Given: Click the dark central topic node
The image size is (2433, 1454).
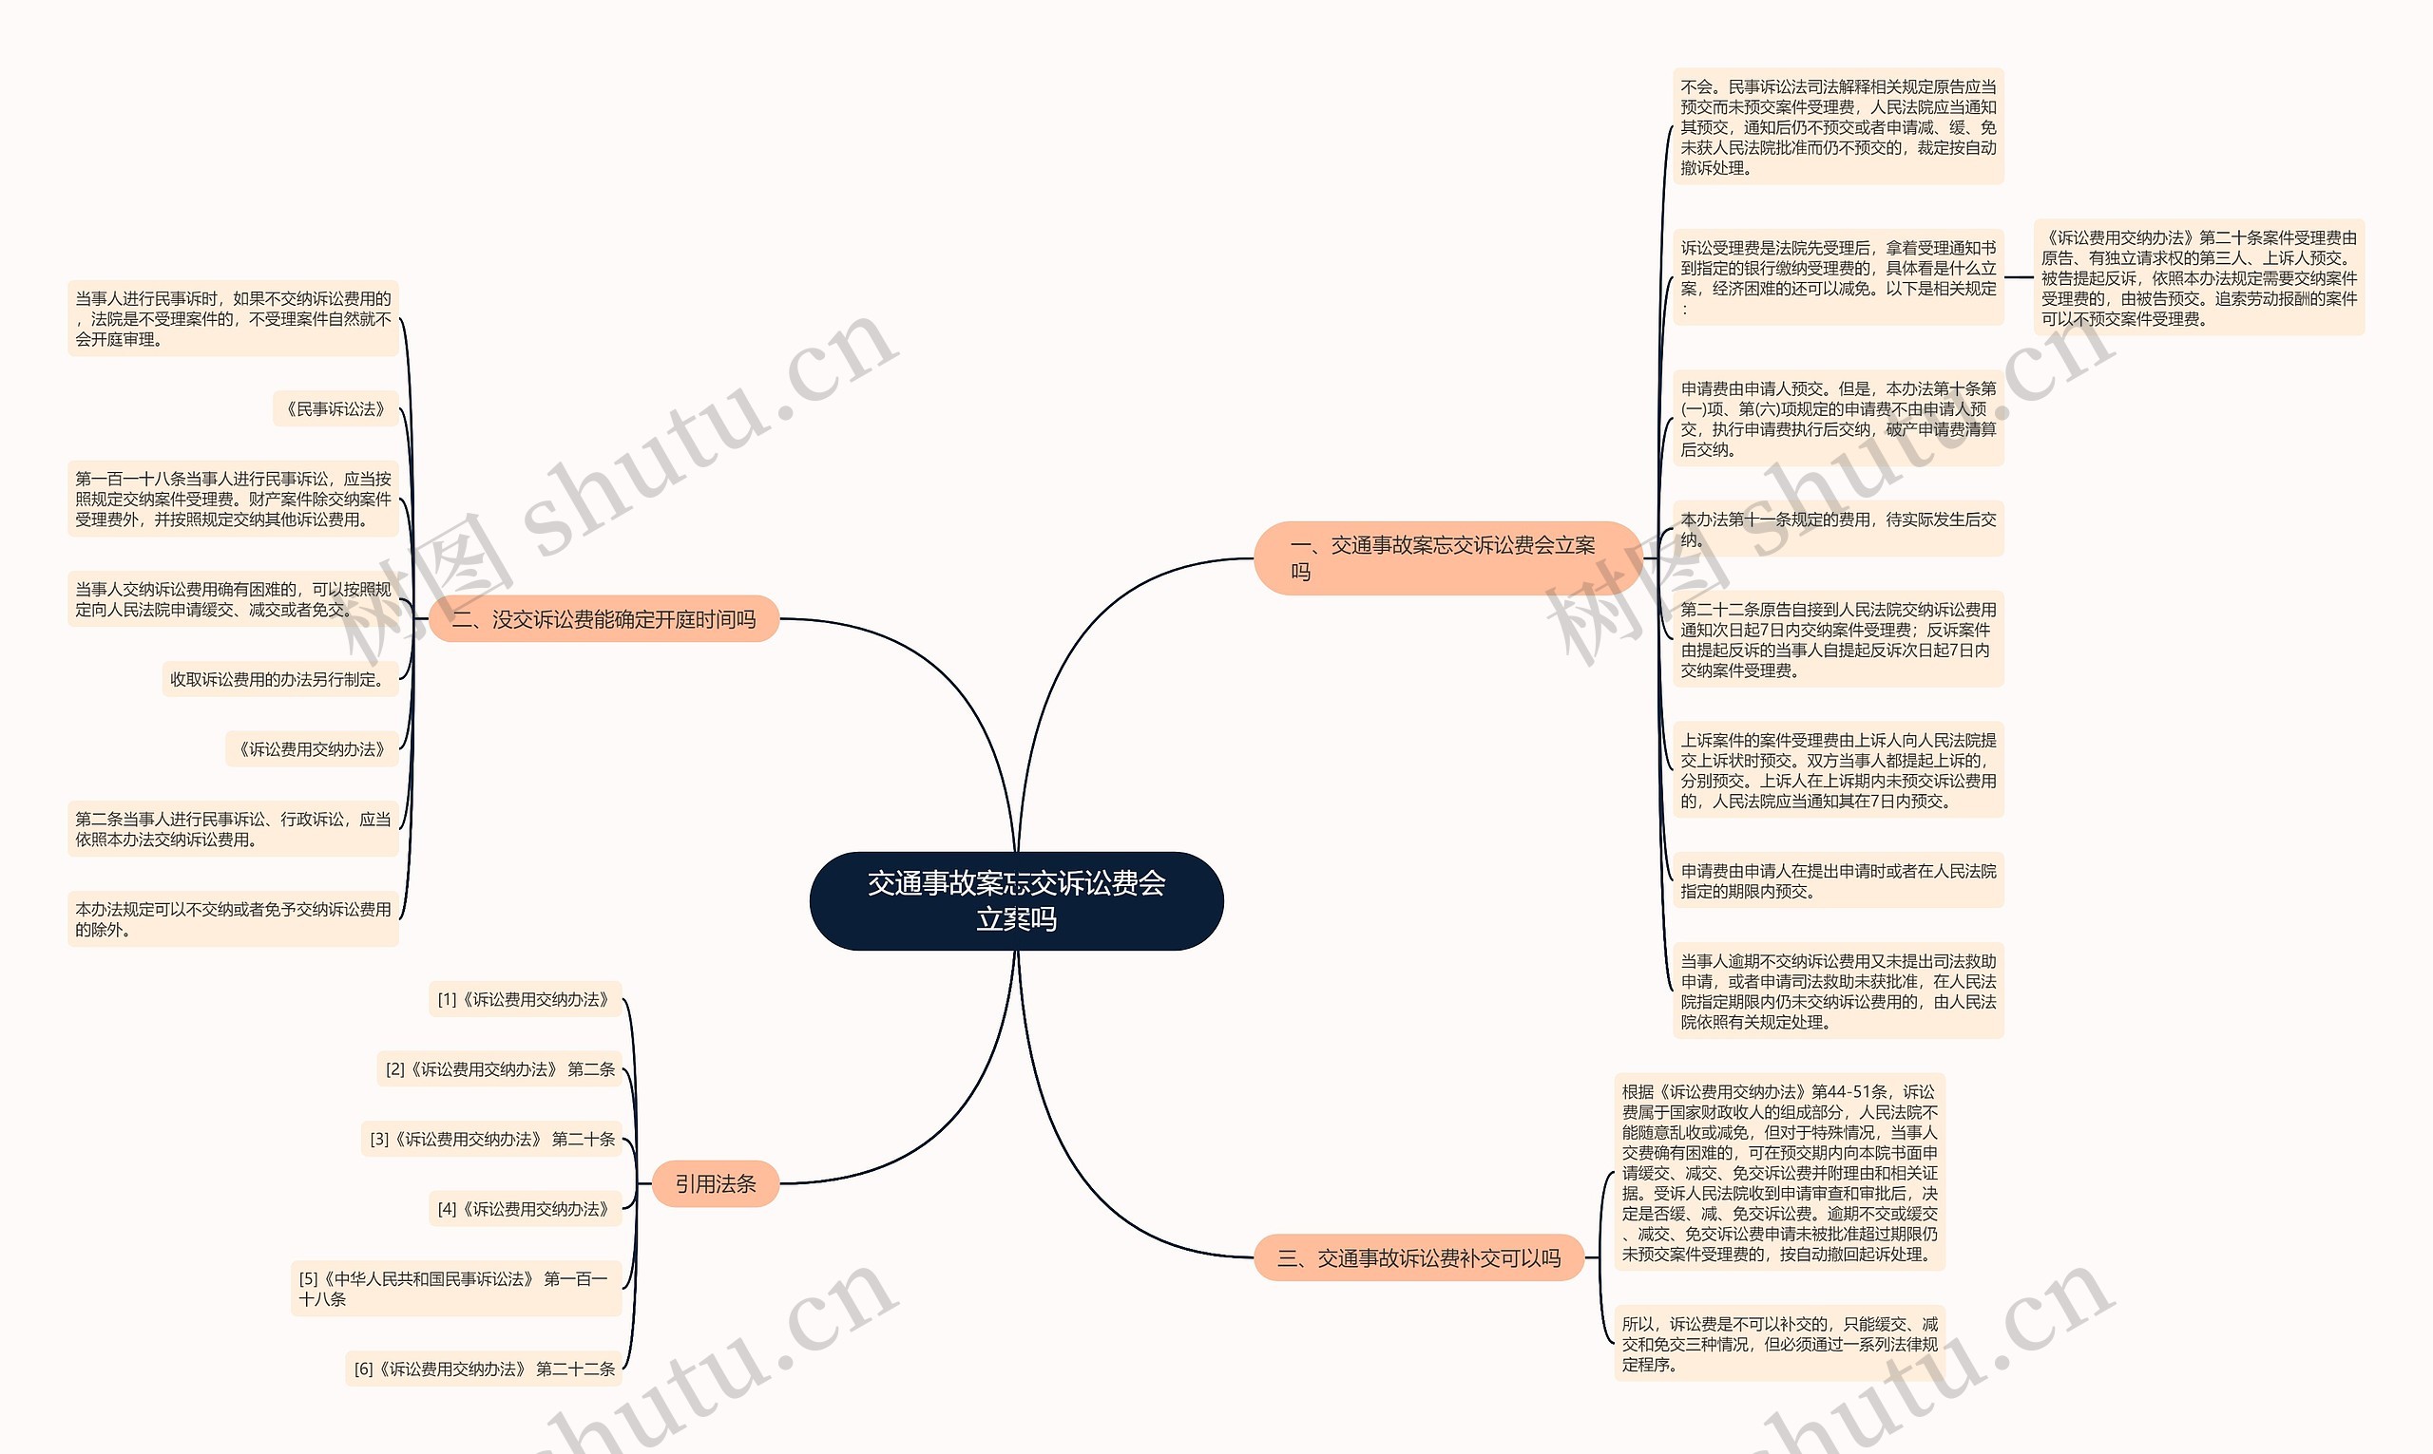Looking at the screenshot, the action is click(1016, 900).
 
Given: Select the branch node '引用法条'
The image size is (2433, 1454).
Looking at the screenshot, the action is click(715, 1183).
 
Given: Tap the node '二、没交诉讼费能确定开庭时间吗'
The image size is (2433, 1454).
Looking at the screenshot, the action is click(603, 619).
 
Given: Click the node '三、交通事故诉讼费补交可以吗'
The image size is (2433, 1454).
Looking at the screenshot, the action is click(1418, 1258).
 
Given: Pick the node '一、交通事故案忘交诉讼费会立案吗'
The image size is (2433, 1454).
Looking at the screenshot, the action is click(1446, 557).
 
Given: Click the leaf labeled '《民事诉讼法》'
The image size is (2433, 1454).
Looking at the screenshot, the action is click(335, 408).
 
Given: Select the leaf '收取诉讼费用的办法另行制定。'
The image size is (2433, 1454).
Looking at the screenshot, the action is click(279, 679).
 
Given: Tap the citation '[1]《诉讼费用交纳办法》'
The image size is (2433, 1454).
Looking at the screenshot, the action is click(525, 999).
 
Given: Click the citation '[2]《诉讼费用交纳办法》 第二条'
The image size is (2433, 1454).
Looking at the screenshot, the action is click(500, 1069).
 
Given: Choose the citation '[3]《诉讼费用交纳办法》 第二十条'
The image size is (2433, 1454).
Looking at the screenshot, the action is click(492, 1139).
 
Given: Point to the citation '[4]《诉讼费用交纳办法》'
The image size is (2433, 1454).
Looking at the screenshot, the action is click(525, 1209).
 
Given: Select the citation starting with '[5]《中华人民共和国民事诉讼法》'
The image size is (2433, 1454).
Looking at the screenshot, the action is click(456, 1289).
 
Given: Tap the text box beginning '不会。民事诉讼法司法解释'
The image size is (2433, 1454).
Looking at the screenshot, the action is click(1837, 126).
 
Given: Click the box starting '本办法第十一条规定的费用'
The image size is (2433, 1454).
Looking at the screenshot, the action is click(1837, 529).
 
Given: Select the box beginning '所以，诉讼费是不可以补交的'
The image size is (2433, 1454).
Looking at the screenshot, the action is click(1778, 1343).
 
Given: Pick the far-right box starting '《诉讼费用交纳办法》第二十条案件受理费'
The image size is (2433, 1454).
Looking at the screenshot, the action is click(2197, 277).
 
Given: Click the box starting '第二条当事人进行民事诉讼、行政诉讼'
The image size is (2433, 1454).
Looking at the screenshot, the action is click(232, 829).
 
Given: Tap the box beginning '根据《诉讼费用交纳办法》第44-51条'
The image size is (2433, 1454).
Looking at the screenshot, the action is click(1778, 1172).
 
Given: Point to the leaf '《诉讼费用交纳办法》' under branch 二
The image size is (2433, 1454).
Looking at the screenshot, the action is click(312, 749).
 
